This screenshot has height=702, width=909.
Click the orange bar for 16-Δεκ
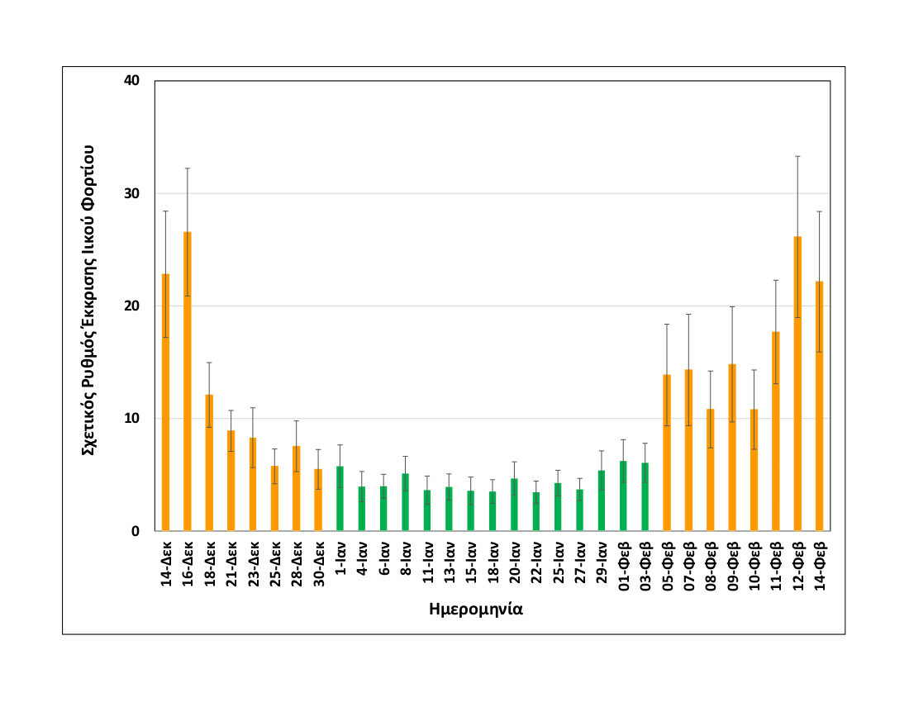[x=188, y=381]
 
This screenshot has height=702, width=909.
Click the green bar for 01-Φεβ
[x=623, y=496]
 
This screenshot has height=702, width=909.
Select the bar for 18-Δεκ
[x=209, y=462]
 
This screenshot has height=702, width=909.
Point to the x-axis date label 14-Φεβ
[x=819, y=565]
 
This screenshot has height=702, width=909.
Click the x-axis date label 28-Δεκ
[x=296, y=565]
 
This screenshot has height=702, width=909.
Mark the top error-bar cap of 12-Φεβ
[x=797, y=156]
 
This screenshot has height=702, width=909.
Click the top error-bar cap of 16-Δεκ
[x=188, y=168]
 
